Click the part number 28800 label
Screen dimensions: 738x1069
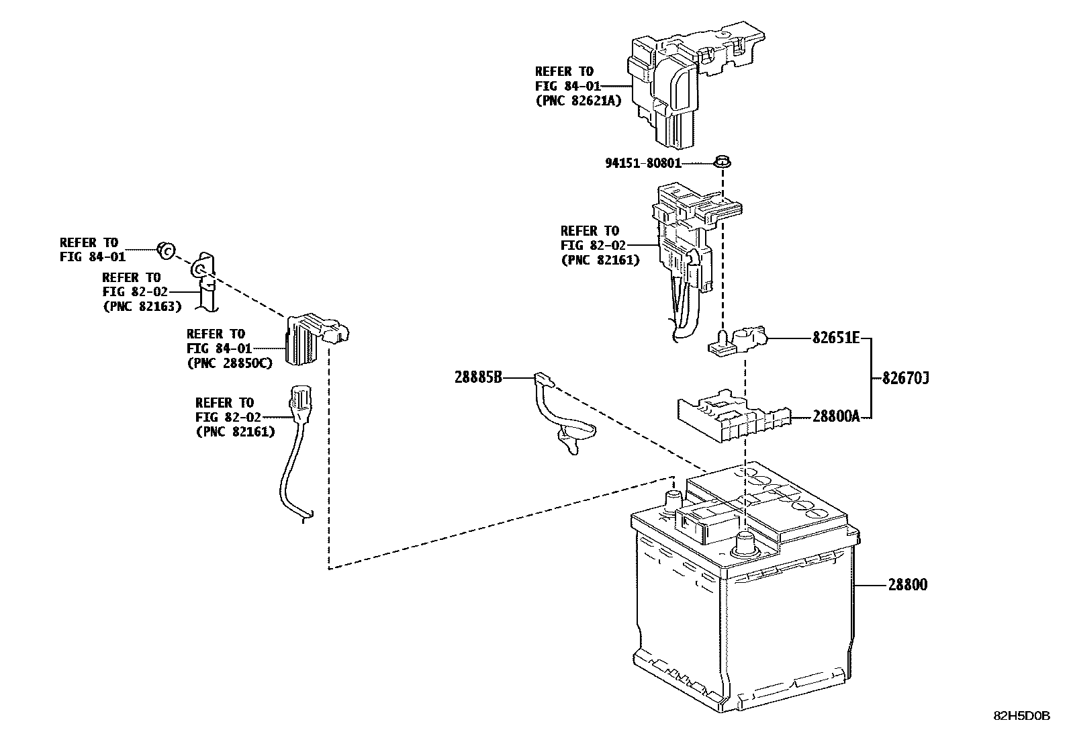click(x=907, y=585)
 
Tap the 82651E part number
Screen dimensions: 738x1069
click(x=835, y=338)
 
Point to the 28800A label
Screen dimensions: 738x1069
click(x=835, y=416)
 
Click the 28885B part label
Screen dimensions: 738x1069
click(x=478, y=378)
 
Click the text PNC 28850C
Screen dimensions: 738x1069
click(x=229, y=363)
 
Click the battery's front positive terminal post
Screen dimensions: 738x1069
click(x=745, y=543)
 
